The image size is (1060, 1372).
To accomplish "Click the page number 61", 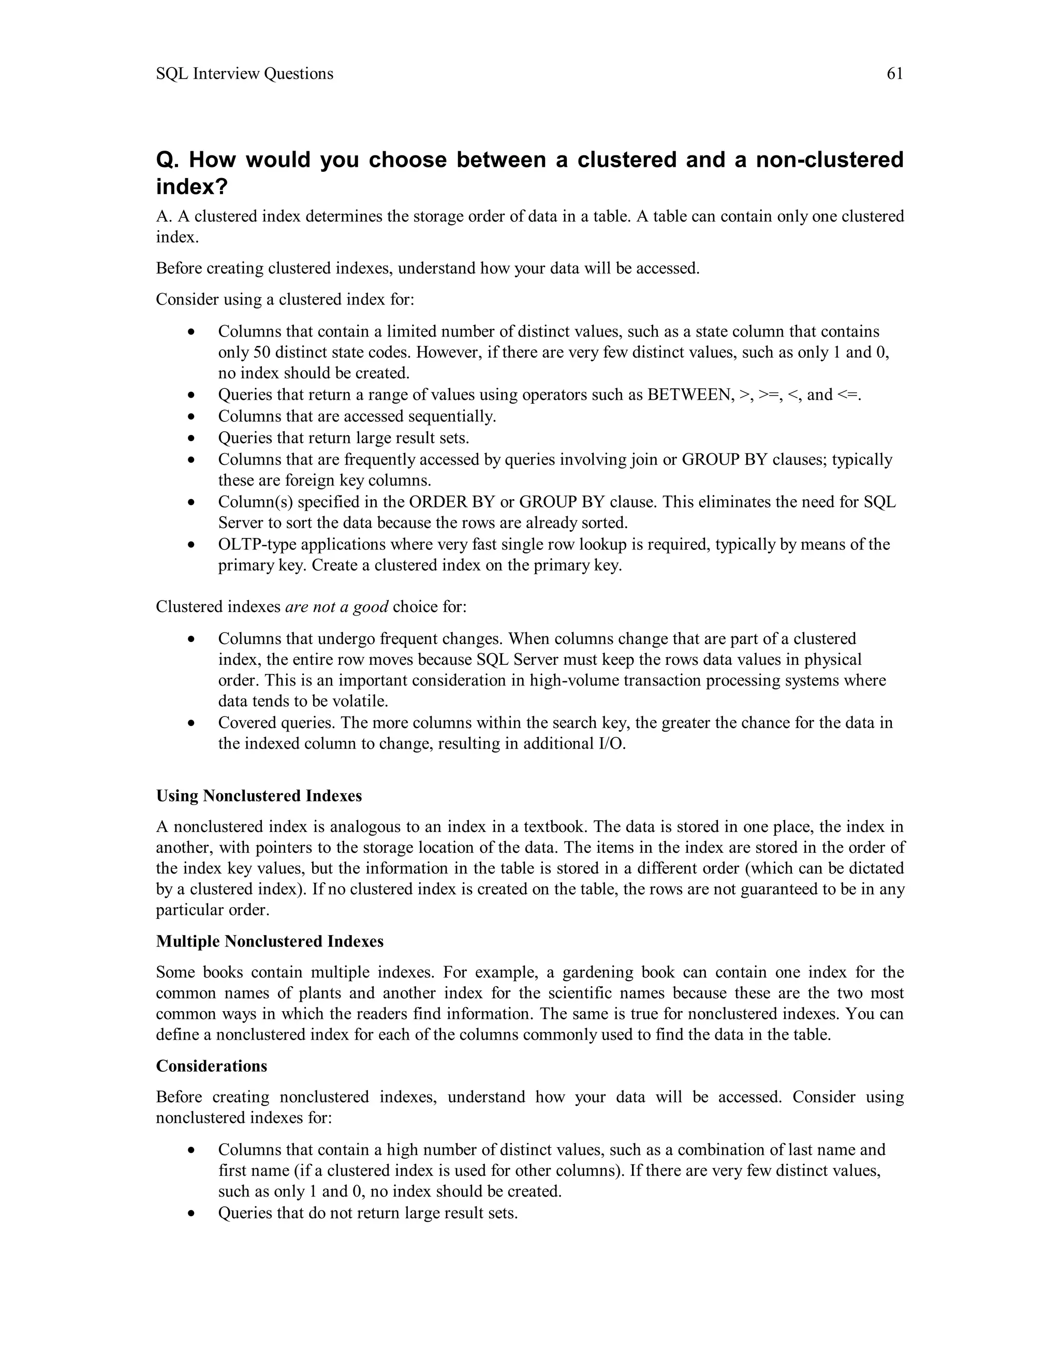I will (894, 74).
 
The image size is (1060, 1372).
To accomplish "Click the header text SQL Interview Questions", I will (244, 74).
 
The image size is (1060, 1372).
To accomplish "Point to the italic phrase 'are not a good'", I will (336, 607).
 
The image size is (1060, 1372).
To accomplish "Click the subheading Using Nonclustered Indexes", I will (259, 796).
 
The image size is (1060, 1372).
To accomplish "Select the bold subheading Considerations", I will (211, 1066).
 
